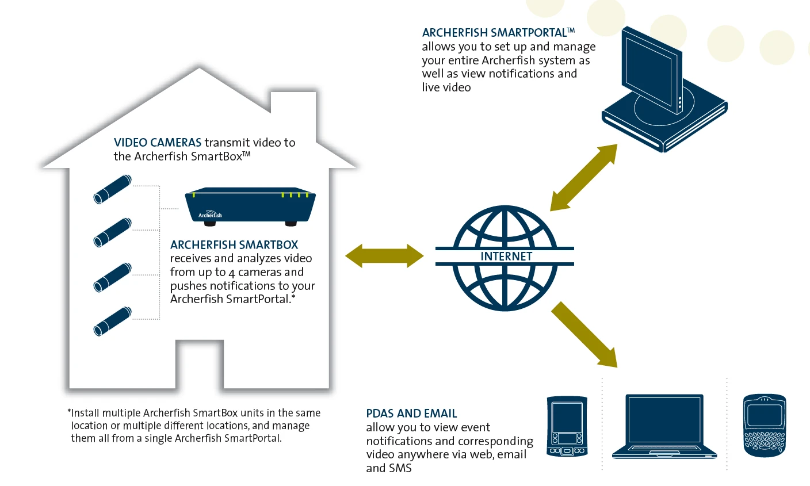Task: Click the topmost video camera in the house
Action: pyautogui.click(x=112, y=189)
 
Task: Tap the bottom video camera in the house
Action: pyautogui.click(x=112, y=321)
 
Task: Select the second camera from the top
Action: pyautogui.click(x=112, y=232)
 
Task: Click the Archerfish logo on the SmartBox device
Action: pyautogui.click(x=210, y=214)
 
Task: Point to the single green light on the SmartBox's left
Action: pyautogui.click(x=194, y=196)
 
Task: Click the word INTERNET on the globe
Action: pyautogui.click(x=506, y=257)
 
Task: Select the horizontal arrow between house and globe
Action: pyautogui.click(x=384, y=256)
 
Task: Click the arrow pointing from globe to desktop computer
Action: pyautogui.click(x=584, y=178)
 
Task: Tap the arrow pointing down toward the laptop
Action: pyautogui.click(x=584, y=335)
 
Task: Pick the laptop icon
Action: pyautogui.click(x=664, y=427)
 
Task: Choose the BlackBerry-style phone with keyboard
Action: pyautogui.click(x=765, y=426)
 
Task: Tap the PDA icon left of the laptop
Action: pyautogui.click(x=567, y=426)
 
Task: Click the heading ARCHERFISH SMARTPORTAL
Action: pyautogui.click(x=498, y=33)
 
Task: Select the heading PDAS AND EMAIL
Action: pyautogui.click(x=411, y=414)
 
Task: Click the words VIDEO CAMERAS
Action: pyautogui.click(x=157, y=143)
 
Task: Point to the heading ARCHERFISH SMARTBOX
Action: pyautogui.click(x=234, y=245)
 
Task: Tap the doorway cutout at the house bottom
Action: pyautogui.click(x=200, y=364)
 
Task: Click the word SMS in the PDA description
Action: pyautogui.click(x=400, y=468)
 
